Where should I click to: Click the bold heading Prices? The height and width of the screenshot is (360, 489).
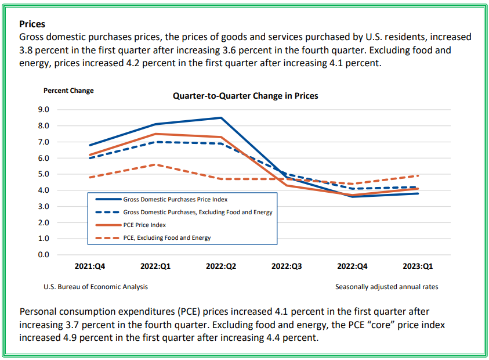tap(32, 24)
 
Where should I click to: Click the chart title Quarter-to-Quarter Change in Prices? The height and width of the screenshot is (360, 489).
tap(245, 96)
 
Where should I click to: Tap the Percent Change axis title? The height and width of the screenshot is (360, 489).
tap(68, 91)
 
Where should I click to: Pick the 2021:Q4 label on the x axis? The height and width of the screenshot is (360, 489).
tap(90, 266)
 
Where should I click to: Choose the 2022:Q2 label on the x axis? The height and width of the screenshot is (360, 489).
tap(221, 266)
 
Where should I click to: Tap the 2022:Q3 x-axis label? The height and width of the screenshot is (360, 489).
tap(287, 266)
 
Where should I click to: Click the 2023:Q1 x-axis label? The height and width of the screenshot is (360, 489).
tap(418, 266)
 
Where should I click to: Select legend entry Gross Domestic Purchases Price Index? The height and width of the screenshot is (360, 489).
tap(175, 199)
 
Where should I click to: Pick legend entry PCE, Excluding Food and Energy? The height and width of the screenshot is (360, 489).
tap(166, 237)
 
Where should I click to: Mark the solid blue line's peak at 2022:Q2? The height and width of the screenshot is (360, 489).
tap(221, 118)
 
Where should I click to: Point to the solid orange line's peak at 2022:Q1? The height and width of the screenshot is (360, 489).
tap(155, 134)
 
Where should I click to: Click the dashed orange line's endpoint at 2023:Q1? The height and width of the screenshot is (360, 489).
tap(418, 175)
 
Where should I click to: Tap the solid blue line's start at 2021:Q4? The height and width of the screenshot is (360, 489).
tap(90, 145)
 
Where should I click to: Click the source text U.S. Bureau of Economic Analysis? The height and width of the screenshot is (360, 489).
tap(96, 287)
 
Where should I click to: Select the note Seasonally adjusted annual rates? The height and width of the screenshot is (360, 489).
tap(386, 287)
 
